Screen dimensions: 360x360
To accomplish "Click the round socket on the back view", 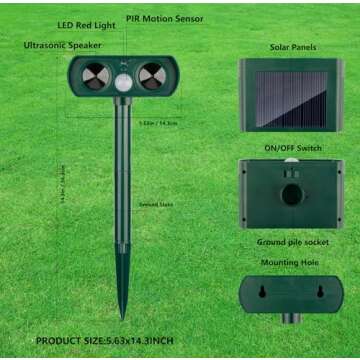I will click(292, 195).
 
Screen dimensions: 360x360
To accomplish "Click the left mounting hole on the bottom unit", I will click(262, 292).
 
